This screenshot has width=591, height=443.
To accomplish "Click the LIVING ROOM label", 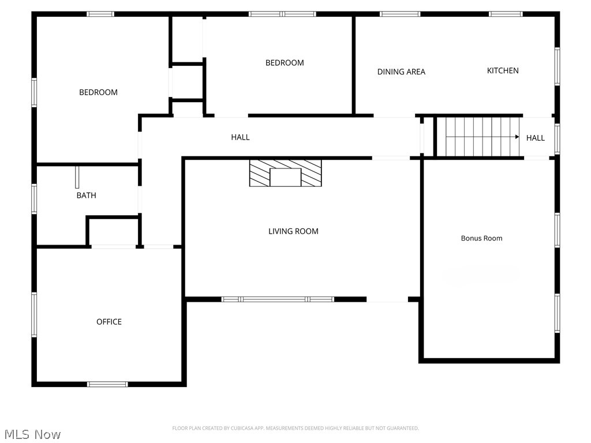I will coord(293,231).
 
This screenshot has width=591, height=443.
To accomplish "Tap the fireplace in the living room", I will coord(285,173).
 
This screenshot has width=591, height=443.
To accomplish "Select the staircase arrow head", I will coord(517,137).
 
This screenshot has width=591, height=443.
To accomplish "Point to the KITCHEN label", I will coord(503,70).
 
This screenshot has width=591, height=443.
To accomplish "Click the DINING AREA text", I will coord(401,72).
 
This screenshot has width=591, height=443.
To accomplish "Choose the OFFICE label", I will coord(109,322).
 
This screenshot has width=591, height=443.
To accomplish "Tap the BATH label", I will coord(87,196).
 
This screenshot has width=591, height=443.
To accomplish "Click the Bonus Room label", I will coord(481,238).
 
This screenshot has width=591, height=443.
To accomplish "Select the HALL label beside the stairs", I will coord(535,138).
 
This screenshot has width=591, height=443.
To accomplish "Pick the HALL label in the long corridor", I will coord(240,137).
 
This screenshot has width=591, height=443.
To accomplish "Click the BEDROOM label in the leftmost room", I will coord(98,92).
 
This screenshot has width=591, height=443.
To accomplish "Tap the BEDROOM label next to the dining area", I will coord(285,63).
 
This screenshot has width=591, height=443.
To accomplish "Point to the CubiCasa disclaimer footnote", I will coord(295,428).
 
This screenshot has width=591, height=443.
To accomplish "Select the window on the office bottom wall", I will coord(107,384).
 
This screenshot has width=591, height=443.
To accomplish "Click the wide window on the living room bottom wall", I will coord(278,299).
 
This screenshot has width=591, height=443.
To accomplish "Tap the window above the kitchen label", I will coord(506,14).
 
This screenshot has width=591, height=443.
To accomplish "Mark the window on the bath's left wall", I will coord(34,198).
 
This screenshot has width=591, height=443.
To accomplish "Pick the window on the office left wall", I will coord(34,314).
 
